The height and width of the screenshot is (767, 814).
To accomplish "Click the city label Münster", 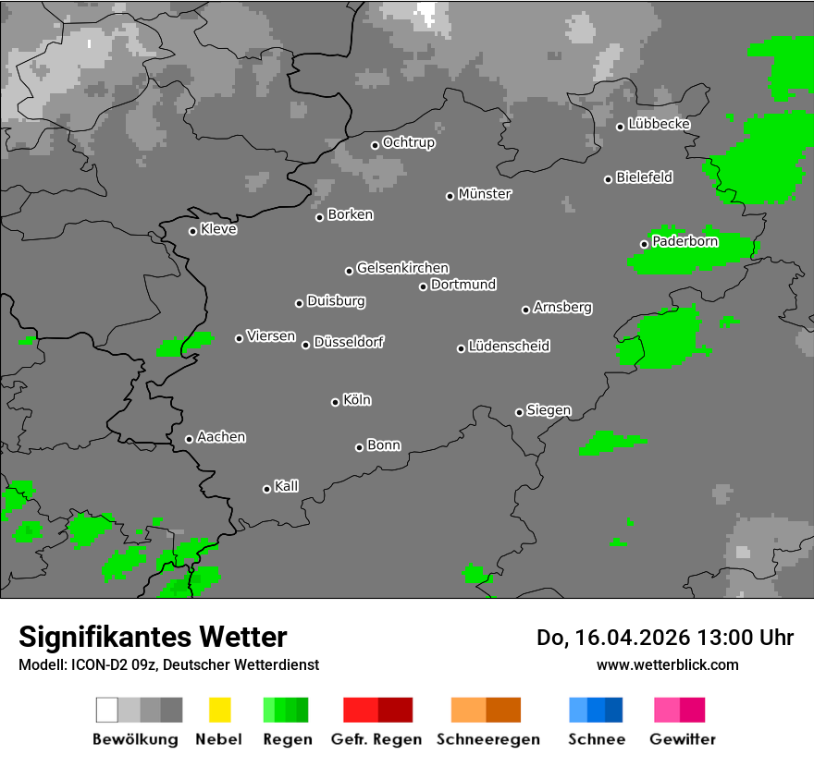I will tap(485, 194).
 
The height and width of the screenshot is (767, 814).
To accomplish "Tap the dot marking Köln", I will tap(335, 402).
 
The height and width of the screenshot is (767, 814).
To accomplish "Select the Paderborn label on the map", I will tap(684, 242).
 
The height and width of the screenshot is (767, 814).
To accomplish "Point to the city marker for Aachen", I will tap(189, 439).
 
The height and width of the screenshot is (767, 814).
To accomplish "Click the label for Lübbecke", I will tap(659, 124).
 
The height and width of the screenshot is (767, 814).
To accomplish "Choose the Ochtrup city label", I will tap(408, 143).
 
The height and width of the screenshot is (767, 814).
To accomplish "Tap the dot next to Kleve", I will tap(192, 231).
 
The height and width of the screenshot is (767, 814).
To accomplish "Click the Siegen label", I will tap(549, 410).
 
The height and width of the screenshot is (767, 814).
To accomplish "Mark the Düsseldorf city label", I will tap(349, 342).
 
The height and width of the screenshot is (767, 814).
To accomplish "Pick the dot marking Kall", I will tap(266, 489).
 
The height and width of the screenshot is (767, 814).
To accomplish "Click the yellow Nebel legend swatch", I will tap(219, 710).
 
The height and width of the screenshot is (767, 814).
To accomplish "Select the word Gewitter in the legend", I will tap(683, 739).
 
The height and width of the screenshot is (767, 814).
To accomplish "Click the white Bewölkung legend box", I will tap(107, 710).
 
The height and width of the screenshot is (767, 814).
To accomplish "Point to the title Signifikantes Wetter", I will tap(153, 637).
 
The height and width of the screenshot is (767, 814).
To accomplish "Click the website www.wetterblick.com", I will tap(667, 664).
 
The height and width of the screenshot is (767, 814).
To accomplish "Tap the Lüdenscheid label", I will tap(509, 347).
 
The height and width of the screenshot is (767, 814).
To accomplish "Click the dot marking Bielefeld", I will tap(609, 179).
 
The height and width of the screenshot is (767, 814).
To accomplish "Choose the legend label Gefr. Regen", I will tap(376, 739).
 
